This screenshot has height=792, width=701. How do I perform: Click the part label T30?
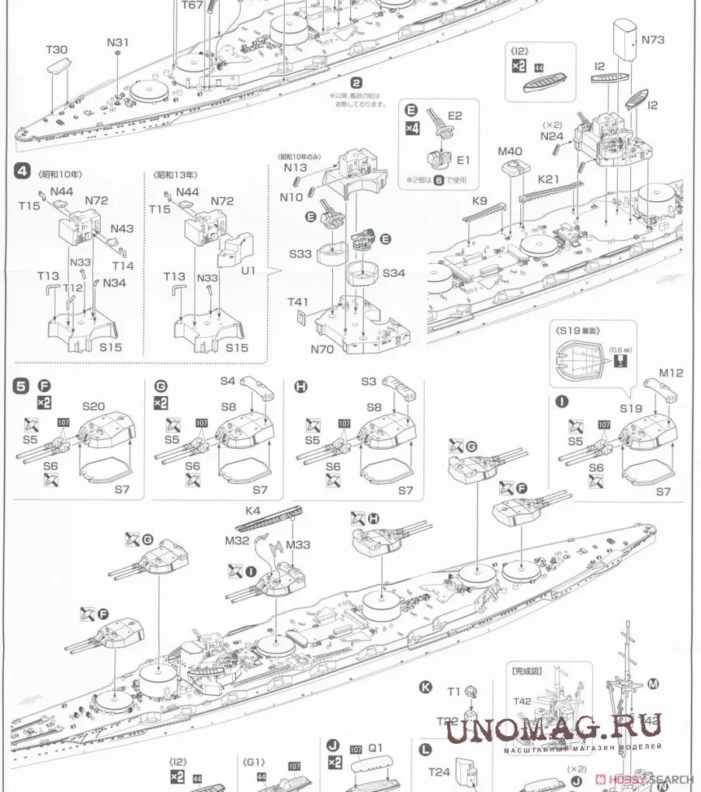click(57, 50)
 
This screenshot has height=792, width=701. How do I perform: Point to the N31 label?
click(117, 42)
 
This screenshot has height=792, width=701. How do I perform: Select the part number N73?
click(653, 40)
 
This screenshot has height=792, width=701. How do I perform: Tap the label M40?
click(510, 151)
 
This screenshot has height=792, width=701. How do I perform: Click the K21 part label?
click(549, 179)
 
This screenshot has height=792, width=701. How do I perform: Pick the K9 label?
click(479, 201)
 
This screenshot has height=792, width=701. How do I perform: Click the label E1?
click(463, 160)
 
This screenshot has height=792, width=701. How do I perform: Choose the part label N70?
click(321, 349)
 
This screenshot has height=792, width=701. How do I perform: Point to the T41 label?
click(298, 302)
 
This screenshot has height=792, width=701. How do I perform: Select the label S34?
click(394, 273)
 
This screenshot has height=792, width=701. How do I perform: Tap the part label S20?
click(94, 405)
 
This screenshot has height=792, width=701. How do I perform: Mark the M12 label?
click(672, 373)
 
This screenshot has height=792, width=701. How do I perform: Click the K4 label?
click(252, 511)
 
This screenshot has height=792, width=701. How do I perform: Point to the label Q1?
click(376, 749)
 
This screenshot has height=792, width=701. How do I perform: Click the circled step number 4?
click(23, 172)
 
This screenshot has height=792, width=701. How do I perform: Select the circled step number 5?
click(22, 384)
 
